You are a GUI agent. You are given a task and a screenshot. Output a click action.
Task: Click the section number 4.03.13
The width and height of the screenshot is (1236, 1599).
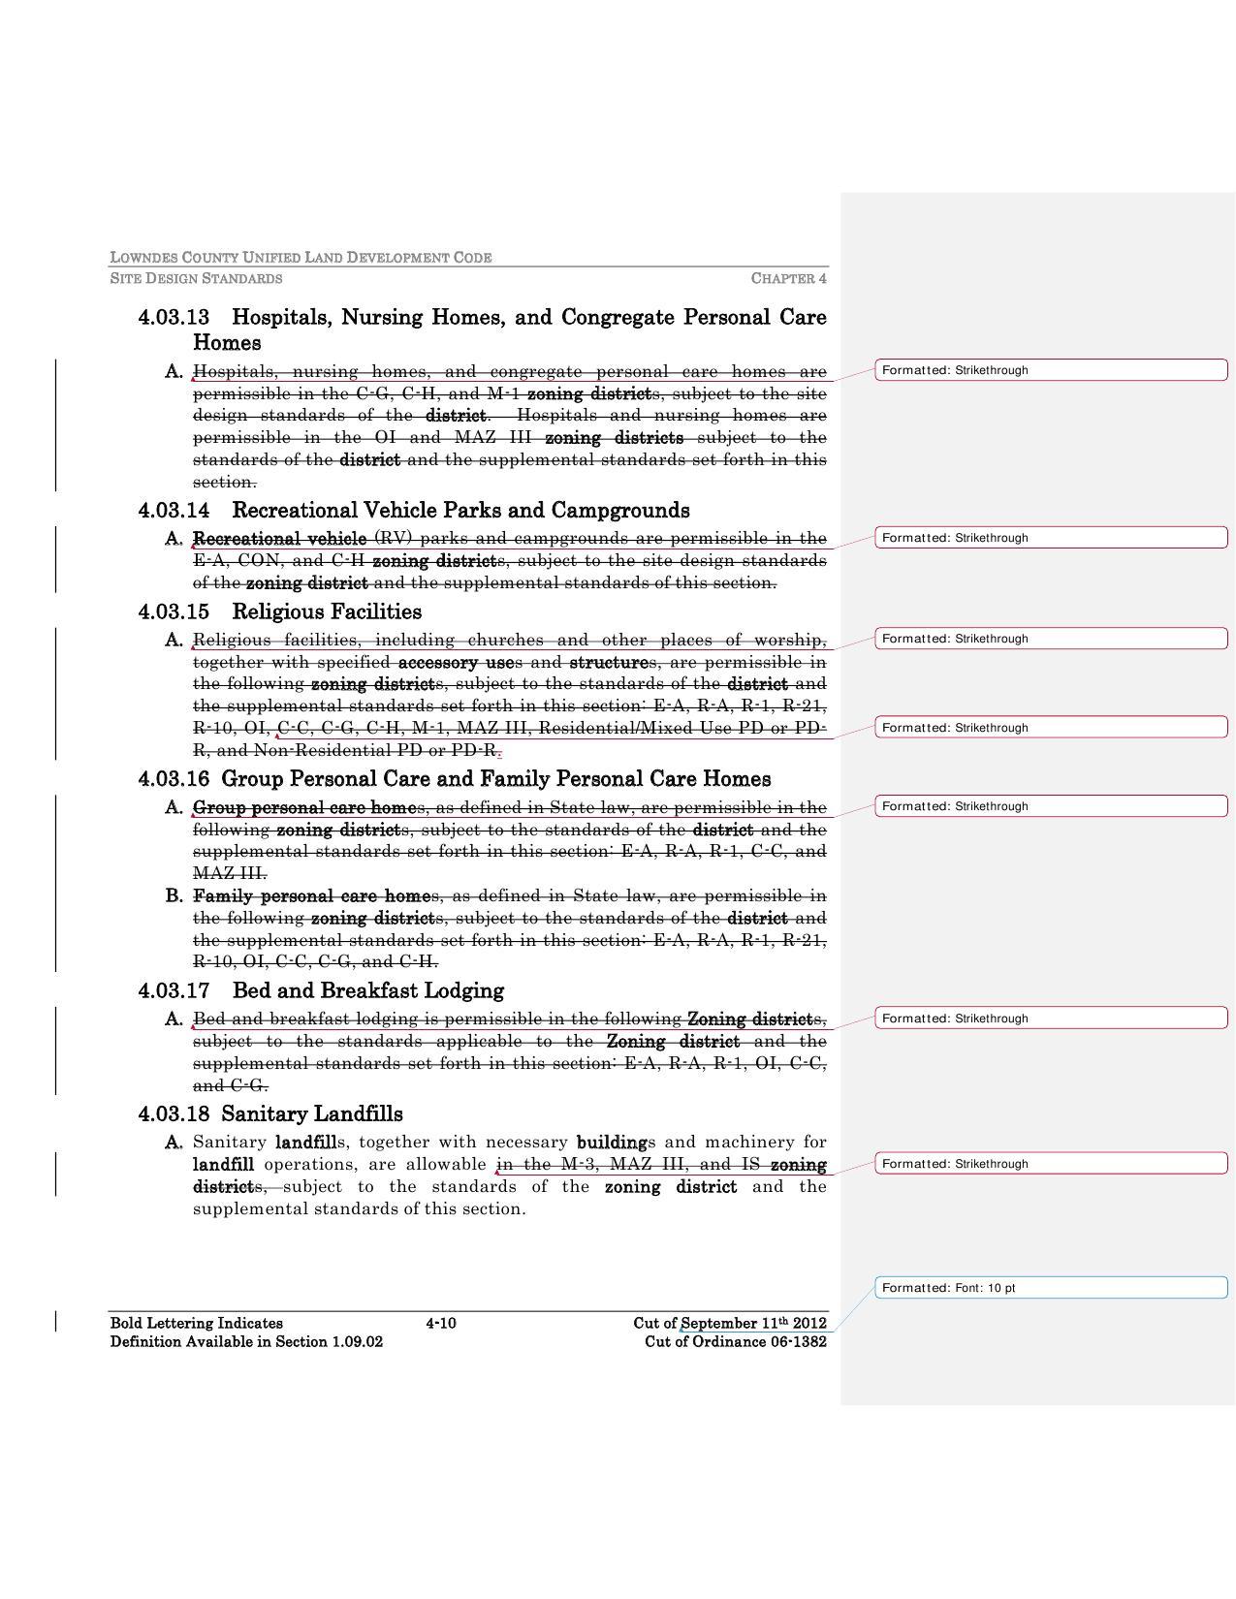coord(174,318)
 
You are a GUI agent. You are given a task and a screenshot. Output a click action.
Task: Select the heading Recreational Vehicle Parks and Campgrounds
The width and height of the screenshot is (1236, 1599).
coord(460,511)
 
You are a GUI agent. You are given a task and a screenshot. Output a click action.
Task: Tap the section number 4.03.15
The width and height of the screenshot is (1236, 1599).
coord(174,612)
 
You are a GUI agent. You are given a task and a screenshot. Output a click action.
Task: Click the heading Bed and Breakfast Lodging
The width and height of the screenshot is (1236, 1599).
coord(367,991)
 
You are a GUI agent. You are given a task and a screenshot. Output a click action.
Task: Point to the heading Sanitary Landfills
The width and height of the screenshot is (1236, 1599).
coord(311,1114)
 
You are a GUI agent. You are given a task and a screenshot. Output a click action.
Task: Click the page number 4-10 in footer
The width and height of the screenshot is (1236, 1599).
coord(441,1324)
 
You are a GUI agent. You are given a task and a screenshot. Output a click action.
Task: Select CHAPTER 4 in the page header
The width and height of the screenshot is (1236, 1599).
coord(788,279)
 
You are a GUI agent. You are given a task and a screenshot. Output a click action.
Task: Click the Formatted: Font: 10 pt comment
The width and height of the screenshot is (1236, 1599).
coord(1051,1288)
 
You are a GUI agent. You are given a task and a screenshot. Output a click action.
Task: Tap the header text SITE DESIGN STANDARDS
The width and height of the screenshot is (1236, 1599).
coord(196,279)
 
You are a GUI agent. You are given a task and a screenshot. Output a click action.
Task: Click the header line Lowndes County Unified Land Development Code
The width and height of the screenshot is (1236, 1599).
coord(301,258)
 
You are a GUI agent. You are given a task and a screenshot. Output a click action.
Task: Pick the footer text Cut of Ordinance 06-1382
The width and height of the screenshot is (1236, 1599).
coord(736,1342)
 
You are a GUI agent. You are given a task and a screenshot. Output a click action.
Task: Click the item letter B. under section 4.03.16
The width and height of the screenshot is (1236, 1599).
coord(174,896)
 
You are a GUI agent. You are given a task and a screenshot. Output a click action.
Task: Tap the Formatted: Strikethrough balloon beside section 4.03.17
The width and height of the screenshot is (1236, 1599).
coord(1051,1019)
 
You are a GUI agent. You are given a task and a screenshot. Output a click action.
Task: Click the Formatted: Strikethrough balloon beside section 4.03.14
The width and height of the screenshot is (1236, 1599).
coord(1051,538)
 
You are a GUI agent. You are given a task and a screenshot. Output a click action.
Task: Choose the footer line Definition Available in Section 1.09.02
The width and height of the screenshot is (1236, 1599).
coord(246,1342)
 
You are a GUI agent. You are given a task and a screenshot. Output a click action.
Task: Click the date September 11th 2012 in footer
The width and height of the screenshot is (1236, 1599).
coord(753,1324)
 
